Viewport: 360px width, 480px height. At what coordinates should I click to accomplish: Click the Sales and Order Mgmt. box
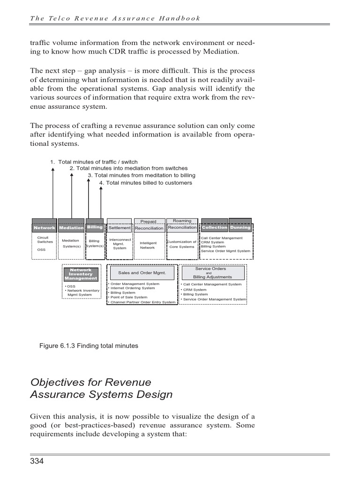(142, 272)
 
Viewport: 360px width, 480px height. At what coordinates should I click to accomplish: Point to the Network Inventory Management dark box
(81, 274)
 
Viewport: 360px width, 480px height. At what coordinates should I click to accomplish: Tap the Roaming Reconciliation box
(182, 225)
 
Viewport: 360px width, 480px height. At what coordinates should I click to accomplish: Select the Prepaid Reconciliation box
(149, 225)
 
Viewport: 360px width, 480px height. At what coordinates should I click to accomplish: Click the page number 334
(37, 462)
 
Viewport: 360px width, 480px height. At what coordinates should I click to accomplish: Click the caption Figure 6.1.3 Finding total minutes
(89, 346)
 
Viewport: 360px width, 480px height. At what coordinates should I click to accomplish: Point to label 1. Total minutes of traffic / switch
(94, 162)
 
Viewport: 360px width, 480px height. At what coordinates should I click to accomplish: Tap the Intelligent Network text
(148, 245)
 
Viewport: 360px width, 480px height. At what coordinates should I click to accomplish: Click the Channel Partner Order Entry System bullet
(142, 302)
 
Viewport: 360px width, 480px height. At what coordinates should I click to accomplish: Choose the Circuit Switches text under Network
(45, 240)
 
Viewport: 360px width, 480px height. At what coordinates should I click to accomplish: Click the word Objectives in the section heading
(56, 382)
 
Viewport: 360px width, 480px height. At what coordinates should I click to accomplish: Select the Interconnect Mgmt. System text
(120, 244)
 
